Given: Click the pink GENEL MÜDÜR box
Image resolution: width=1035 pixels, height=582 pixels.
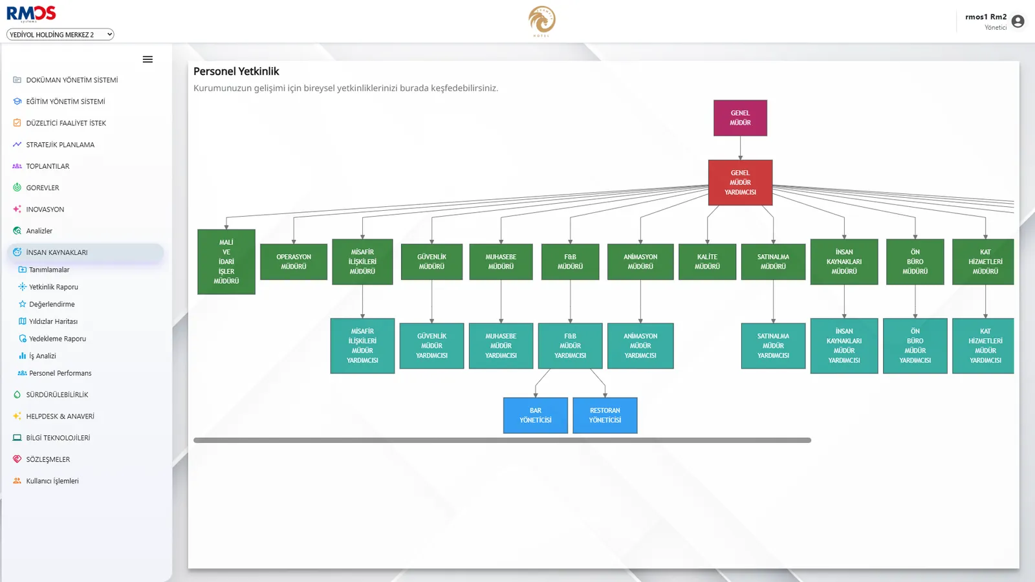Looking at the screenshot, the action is (x=740, y=118).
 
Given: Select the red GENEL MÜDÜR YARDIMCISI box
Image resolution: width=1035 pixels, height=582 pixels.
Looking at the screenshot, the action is (x=740, y=182).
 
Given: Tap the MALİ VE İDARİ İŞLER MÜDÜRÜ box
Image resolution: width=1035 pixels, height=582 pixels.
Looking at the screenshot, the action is (x=226, y=261).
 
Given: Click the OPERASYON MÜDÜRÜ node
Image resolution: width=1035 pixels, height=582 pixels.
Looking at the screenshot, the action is (x=294, y=261).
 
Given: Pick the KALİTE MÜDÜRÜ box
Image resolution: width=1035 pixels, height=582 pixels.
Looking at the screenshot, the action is (x=707, y=261).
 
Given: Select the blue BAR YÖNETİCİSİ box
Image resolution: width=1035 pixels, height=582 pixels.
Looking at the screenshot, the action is (x=535, y=415).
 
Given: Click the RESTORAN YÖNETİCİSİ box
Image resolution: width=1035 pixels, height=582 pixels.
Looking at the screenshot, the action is (x=605, y=415).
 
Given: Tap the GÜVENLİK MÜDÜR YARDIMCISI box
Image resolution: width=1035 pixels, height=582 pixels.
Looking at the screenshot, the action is (x=431, y=345).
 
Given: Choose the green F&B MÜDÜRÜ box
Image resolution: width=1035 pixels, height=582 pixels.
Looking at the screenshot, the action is (x=570, y=261).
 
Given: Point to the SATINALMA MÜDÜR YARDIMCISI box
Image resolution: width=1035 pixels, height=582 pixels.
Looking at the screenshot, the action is (x=773, y=345).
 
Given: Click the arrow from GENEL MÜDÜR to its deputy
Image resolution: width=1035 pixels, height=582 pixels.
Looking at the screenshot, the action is (x=740, y=148).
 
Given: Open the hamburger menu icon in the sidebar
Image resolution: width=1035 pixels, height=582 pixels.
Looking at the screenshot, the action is (x=147, y=59).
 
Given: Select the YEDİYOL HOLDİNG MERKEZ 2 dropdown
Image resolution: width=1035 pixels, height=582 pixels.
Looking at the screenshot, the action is (x=60, y=35).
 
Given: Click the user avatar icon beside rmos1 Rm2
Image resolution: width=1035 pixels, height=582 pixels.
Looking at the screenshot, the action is (x=1018, y=21).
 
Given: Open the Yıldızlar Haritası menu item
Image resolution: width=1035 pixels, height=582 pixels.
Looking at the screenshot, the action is (x=53, y=321).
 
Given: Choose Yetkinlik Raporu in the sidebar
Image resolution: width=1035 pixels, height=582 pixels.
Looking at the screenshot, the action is (x=54, y=287).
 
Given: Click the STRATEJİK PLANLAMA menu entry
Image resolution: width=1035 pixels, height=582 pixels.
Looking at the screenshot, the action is (x=60, y=145).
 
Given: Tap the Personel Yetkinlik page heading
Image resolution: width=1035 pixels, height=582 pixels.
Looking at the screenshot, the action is (x=236, y=72).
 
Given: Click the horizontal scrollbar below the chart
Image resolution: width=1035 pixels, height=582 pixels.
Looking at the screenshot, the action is (x=502, y=440).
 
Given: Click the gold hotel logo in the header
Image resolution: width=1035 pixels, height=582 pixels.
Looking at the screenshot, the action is (x=541, y=21).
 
